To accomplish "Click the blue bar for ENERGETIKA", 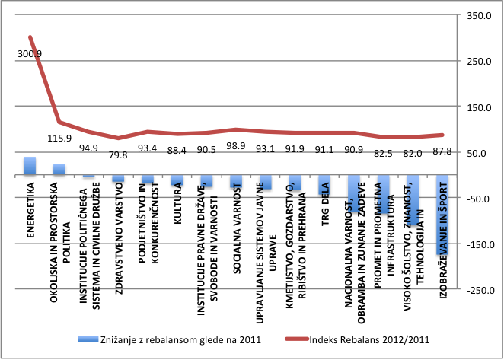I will coord(30,166).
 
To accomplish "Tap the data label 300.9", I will coord(30,53).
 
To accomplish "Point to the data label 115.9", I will coord(59,139).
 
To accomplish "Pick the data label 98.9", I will coord(237,145).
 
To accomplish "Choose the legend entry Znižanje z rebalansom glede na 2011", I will coord(169,340).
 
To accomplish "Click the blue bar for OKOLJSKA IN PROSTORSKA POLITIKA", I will coord(59,170).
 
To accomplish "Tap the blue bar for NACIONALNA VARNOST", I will coord(354,194).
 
